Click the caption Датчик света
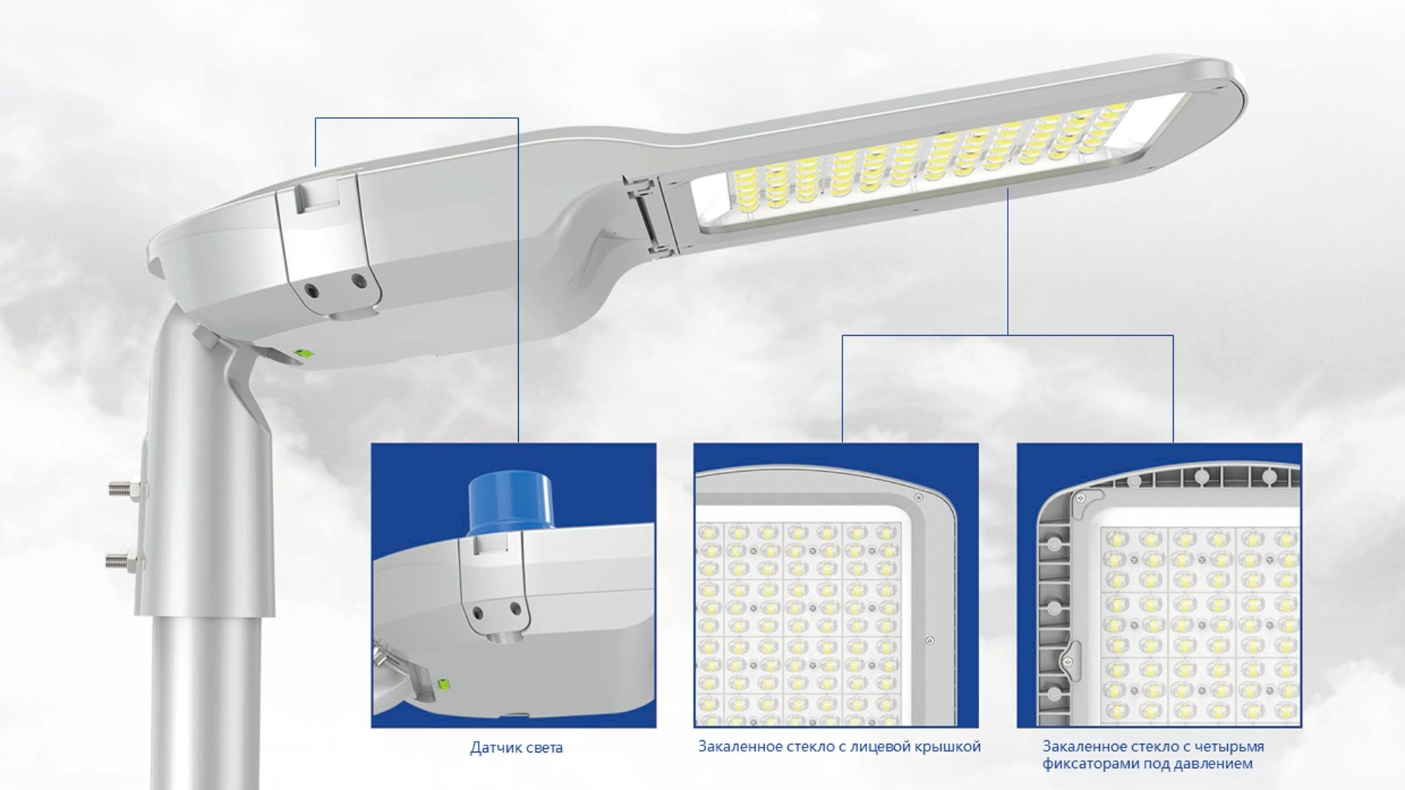pos(516,748)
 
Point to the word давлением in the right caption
pos(1218,764)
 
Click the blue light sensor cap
pos(497,504)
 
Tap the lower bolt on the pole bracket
pos(125,562)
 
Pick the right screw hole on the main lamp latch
pos(357,279)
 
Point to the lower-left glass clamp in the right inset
pos(1071,654)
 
